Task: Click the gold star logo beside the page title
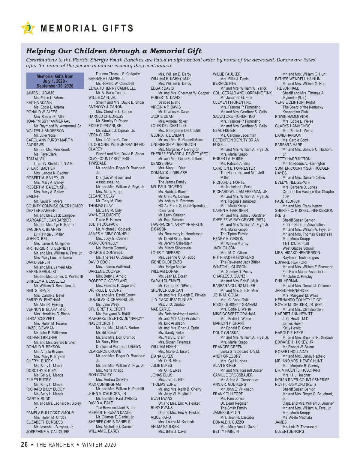(28, 28)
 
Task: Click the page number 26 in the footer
(24, 445)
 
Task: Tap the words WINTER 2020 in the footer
(99, 445)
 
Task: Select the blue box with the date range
(55, 81)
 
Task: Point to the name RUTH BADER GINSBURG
(233, 257)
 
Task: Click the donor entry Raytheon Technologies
(300, 257)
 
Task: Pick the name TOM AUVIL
(35, 159)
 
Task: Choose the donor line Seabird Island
(169, 102)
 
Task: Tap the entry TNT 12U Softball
(295, 243)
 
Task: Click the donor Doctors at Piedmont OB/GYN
(118, 347)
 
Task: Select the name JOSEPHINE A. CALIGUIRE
(48, 432)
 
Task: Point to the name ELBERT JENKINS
(289, 431)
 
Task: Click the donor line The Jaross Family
(172, 182)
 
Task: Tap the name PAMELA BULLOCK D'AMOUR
(50, 413)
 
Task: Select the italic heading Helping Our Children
(114, 51)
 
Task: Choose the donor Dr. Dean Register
(234, 403)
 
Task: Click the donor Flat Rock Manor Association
(304, 272)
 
